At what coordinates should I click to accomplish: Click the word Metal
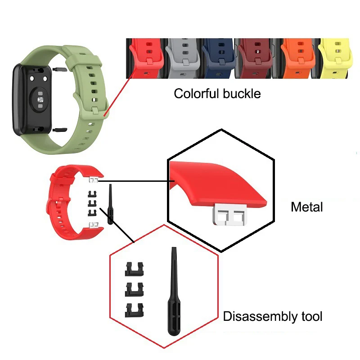[307, 207]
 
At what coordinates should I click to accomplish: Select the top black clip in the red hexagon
[133, 269]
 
